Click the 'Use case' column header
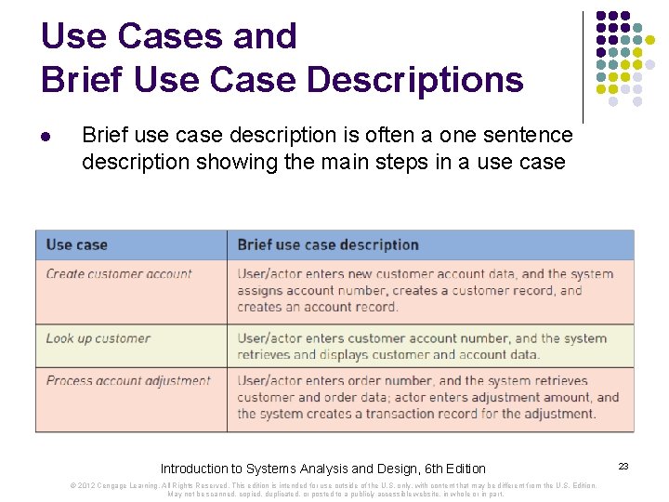coord(76,244)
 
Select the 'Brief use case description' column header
coord(328,244)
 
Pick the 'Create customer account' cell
coord(119,274)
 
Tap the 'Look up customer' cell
coord(98,338)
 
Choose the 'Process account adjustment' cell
coord(128,381)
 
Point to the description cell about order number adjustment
coord(427,397)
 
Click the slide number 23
coord(623,467)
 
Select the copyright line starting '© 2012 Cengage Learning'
coord(334,489)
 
